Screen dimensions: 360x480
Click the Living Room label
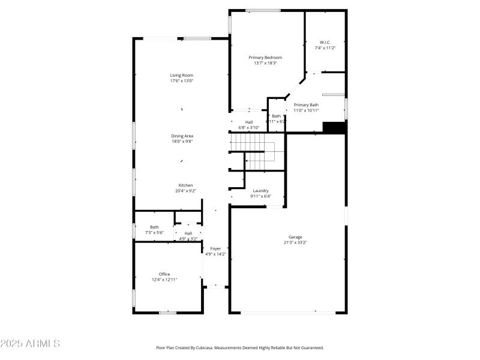[x=181, y=75]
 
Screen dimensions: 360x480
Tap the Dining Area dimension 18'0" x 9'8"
[x=181, y=142]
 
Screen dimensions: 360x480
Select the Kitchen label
[x=185, y=185]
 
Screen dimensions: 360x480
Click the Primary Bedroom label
[x=265, y=58]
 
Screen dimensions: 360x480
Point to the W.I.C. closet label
[x=325, y=42]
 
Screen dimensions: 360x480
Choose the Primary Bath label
[x=306, y=105]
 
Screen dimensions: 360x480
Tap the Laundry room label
[x=260, y=191]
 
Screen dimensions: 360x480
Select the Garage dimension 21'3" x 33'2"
[x=295, y=242]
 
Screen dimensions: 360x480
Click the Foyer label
[x=215, y=248]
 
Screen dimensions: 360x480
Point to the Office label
[x=164, y=274]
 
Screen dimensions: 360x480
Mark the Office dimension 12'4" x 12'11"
[x=164, y=280]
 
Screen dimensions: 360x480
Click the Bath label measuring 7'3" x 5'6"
[x=154, y=227]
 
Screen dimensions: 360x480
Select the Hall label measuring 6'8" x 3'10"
[x=248, y=122]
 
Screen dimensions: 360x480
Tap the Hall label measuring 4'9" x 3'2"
[x=188, y=233]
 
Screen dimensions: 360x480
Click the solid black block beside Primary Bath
[x=335, y=128]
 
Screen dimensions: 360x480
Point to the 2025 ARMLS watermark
[x=30, y=344]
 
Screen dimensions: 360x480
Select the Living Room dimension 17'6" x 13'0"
[x=181, y=81]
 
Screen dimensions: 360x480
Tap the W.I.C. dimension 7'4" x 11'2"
[x=325, y=48]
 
